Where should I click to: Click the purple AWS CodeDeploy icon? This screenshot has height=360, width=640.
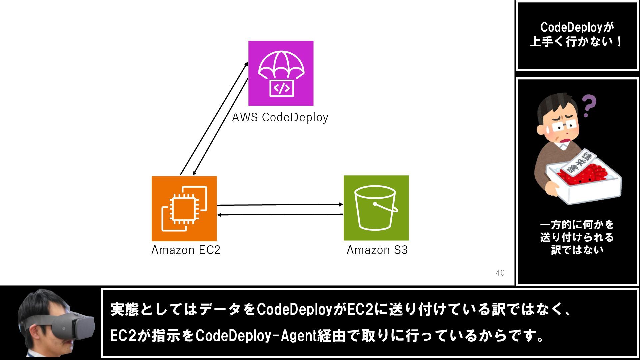click(x=281, y=73)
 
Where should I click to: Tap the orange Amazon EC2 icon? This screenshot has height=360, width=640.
click(x=184, y=208)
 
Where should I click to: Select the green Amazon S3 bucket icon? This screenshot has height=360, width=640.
click(x=376, y=208)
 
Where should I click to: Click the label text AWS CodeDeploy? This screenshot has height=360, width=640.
click(x=280, y=117)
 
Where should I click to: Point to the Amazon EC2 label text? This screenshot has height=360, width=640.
click(x=186, y=250)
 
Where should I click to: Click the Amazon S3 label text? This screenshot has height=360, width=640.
click(x=377, y=250)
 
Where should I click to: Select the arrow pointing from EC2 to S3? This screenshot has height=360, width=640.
click(x=280, y=205)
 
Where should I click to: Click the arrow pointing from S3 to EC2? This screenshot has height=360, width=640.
click(x=280, y=214)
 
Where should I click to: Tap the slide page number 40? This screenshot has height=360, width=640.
click(x=500, y=273)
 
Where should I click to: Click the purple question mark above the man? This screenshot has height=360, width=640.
click(x=589, y=105)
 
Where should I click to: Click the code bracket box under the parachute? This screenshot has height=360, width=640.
click(x=282, y=88)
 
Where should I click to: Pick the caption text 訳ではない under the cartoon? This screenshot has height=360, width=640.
click(x=577, y=250)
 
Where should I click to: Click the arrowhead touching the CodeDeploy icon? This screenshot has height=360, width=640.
click(x=246, y=64)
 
